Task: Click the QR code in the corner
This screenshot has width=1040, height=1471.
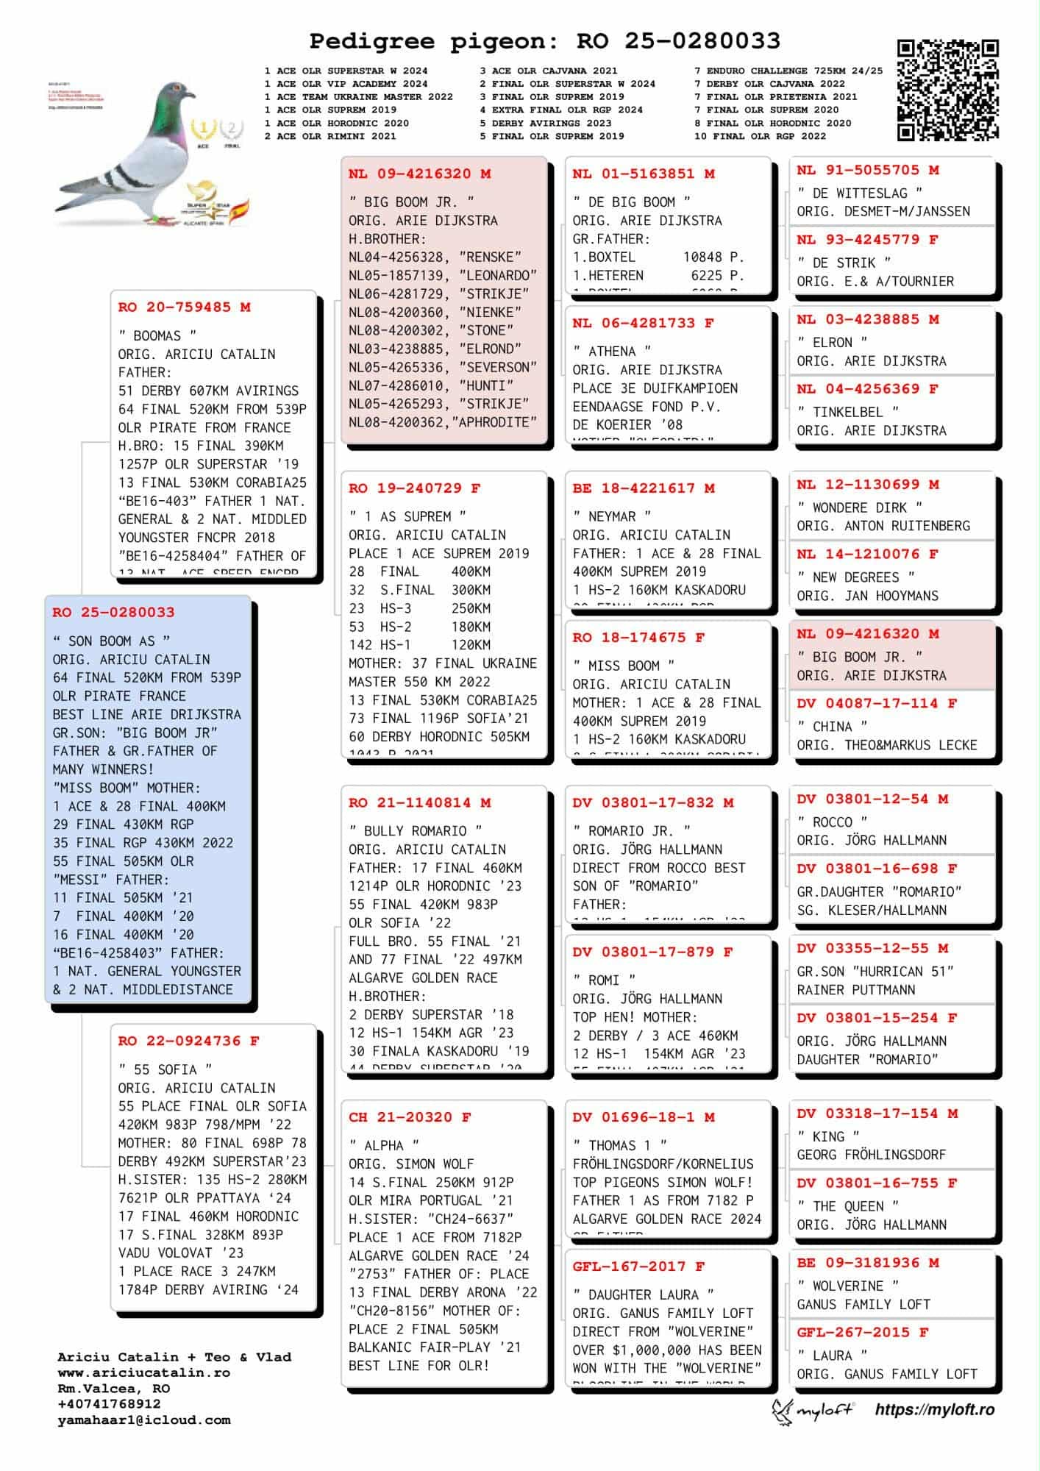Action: tap(947, 90)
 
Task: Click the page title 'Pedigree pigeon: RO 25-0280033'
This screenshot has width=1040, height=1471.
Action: tap(544, 41)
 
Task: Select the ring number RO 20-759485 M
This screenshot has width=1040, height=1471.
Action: tap(185, 307)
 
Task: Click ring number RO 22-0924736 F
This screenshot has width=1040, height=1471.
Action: tap(189, 1041)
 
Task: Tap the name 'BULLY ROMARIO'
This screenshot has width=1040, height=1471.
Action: tap(416, 831)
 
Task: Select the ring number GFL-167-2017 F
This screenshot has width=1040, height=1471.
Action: tap(638, 1267)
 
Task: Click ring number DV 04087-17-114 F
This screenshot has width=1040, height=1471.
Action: tap(877, 703)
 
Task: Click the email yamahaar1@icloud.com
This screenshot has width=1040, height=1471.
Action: tap(144, 1420)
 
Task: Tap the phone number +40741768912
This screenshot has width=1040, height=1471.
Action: tap(109, 1404)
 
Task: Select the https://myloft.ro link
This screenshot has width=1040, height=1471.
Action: tap(934, 1409)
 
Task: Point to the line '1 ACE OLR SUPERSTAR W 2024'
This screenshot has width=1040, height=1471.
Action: tap(346, 71)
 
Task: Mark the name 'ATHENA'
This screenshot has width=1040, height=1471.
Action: tap(612, 352)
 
